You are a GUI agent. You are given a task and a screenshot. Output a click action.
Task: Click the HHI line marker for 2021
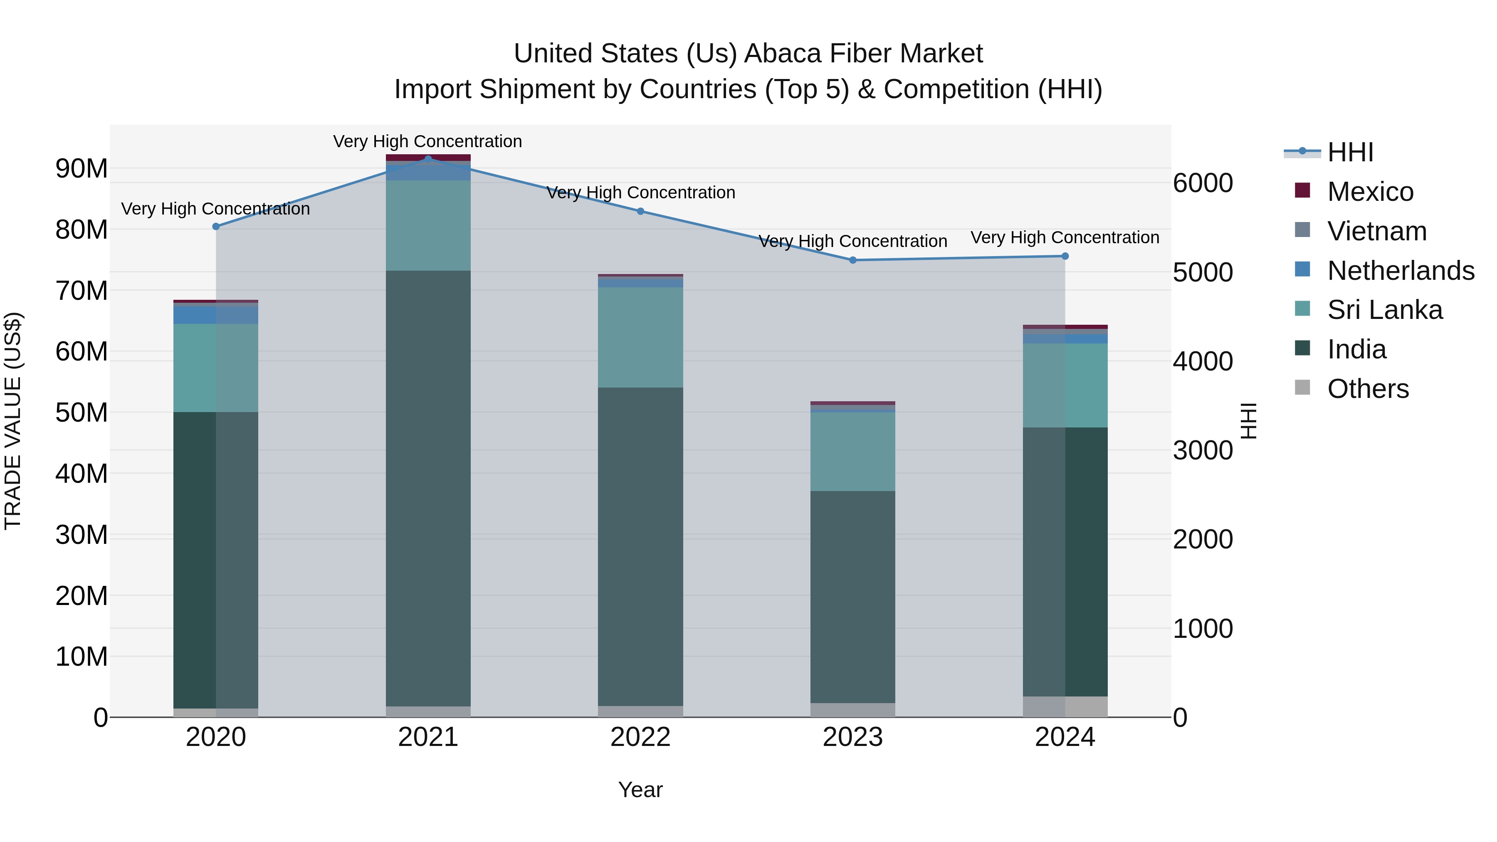pos(428,159)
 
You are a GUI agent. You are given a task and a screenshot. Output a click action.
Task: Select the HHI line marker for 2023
pos(852,260)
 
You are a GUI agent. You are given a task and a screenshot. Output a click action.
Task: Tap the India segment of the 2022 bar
pos(640,546)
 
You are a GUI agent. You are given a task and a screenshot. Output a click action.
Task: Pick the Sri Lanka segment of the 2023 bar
pos(852,452)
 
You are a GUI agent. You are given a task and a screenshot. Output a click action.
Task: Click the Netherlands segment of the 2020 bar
pos(215,315)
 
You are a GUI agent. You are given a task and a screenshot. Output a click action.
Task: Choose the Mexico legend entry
pos(1370,192)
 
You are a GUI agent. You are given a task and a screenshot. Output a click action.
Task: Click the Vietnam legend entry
pos(1376,231)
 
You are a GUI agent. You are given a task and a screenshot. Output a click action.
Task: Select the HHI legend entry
pos(1350,152)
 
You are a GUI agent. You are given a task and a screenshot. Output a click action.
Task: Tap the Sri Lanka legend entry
pos(1384,310)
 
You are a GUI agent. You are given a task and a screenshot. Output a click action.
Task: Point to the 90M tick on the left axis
pos(82,168)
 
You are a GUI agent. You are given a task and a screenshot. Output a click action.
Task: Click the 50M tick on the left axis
pos(82,412)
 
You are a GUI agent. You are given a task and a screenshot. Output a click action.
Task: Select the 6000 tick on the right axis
pos(1202,183)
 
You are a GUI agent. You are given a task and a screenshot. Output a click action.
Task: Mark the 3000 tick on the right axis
pos(1202,450)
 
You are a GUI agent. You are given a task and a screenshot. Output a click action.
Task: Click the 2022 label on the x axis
pos(640,737)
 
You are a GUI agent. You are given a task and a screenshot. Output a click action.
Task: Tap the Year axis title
pos(640,790)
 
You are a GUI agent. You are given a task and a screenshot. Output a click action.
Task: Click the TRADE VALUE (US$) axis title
pos(13,421)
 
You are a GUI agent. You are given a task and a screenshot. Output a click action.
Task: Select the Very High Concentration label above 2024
pos(1065,238)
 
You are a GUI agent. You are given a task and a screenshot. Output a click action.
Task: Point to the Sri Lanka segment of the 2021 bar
pos(428,225)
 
